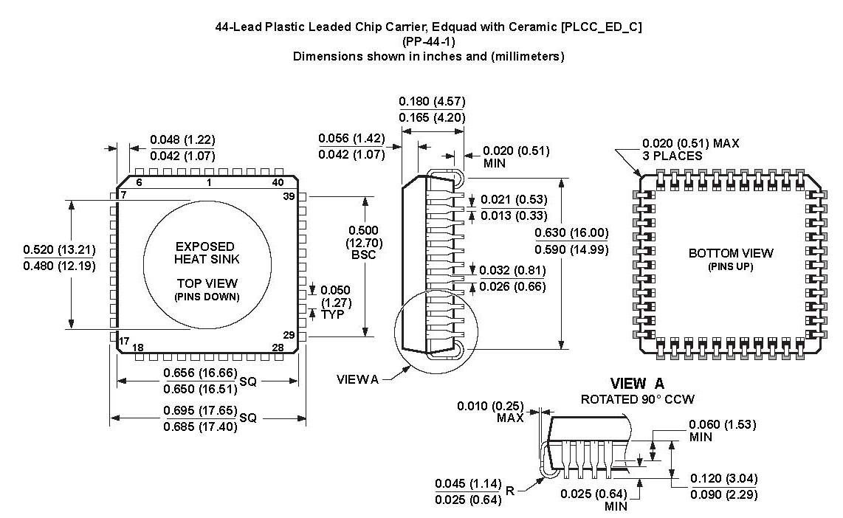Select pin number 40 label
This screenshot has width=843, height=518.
point(278,182)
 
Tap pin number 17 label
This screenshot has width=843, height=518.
point(124,342)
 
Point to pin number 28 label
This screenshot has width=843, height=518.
point(278,348)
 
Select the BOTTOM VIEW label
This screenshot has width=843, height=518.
point(731,253)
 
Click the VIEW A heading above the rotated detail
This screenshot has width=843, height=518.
point(637,384)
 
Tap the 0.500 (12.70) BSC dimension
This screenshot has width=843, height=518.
point(362,242)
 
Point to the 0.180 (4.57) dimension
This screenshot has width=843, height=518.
point(432,101)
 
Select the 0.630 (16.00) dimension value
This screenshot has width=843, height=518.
point(573,233)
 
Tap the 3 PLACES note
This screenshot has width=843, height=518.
point(672,156)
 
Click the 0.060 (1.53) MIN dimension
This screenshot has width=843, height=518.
point(722,430)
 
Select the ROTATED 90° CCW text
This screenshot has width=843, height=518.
point(637,399)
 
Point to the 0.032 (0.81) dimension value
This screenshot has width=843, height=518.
point(514,270)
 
